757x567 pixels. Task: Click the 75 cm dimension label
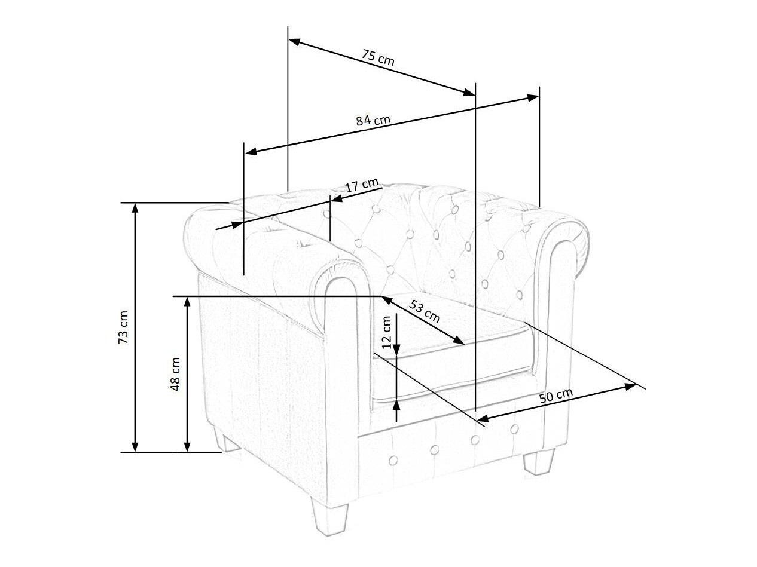378,57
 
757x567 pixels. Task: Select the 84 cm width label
373,120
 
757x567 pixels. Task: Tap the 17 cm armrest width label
362,185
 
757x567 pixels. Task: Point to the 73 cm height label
123,327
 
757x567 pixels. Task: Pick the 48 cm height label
175,374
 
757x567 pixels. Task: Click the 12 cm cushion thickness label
387,332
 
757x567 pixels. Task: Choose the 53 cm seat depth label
425,311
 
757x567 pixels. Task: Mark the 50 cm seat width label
556,396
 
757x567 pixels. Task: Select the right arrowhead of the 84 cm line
533,97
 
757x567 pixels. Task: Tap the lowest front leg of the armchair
329,518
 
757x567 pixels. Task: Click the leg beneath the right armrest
539,461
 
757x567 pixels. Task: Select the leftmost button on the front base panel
393,459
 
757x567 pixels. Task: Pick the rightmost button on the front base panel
514,429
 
